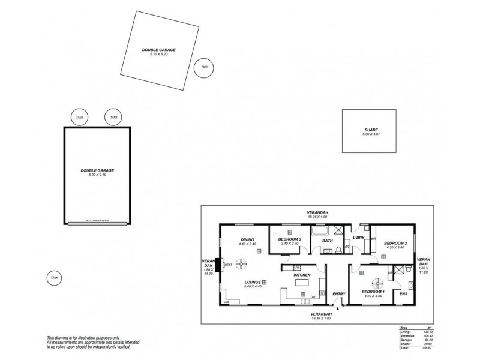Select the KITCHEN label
coord(301,274)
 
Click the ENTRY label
coord(340,293)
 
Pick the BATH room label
coord(328,241)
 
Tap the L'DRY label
coord(359,238)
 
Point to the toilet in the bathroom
coord(340,249)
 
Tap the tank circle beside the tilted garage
coord(205,67)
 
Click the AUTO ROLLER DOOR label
coord(97,221)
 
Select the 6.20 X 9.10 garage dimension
coord(97,175)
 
